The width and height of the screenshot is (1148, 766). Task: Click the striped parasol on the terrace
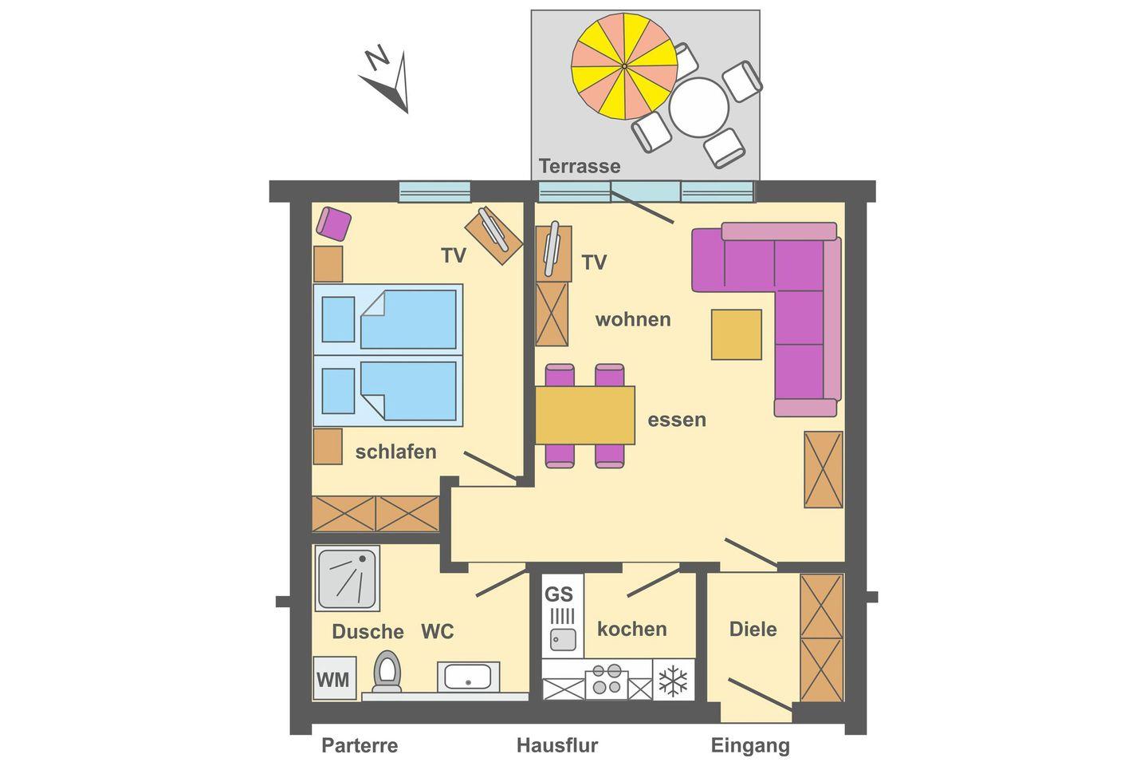624,66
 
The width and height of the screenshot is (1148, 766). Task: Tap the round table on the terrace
698,108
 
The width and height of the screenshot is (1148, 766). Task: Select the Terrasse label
579,166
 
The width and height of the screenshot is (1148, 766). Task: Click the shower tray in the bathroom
348,578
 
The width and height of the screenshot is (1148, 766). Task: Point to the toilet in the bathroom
387,672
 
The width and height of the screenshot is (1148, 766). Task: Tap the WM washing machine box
334,678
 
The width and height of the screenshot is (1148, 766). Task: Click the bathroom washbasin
468,677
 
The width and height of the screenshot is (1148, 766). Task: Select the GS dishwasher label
559,594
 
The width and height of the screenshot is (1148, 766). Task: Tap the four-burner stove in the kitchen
607,679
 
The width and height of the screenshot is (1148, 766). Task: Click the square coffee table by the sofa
737,334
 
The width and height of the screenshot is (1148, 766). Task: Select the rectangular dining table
585,415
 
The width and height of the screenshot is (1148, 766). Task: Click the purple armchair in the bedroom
333,223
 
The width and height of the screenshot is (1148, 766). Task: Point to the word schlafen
395,452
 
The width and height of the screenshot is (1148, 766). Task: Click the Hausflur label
557,745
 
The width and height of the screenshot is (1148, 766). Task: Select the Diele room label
753,629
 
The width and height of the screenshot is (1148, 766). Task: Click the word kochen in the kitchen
632,629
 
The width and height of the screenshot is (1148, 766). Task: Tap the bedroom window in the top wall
434,191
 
